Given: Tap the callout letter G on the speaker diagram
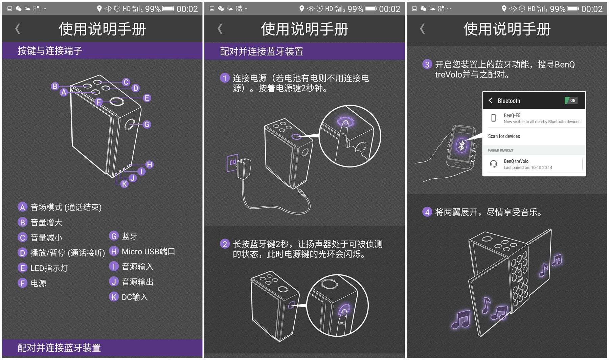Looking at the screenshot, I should click(146, 125).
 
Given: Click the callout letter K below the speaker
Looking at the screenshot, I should click(125, 184).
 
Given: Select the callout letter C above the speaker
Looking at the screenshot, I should click(126, 82).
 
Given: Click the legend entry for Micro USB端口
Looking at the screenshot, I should click(142, 251).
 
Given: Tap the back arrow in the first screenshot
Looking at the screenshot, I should click(18, 29).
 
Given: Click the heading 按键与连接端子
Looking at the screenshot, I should click(50, 51).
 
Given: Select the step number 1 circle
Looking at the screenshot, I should click(225, 78).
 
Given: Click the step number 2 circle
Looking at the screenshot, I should click(225, 244).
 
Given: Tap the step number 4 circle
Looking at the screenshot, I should click(427, 212).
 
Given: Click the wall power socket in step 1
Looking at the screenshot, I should click(232, 163).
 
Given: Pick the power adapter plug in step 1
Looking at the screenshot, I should click(244, 170).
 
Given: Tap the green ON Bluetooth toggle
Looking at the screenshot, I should click(571, 100).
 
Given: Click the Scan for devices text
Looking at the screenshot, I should click(504, 136).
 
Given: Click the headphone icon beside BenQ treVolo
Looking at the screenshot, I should click(493, 164).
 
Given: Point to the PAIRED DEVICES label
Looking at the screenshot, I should click(500, 150).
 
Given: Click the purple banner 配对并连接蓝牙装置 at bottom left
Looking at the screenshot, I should click(59, 348).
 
